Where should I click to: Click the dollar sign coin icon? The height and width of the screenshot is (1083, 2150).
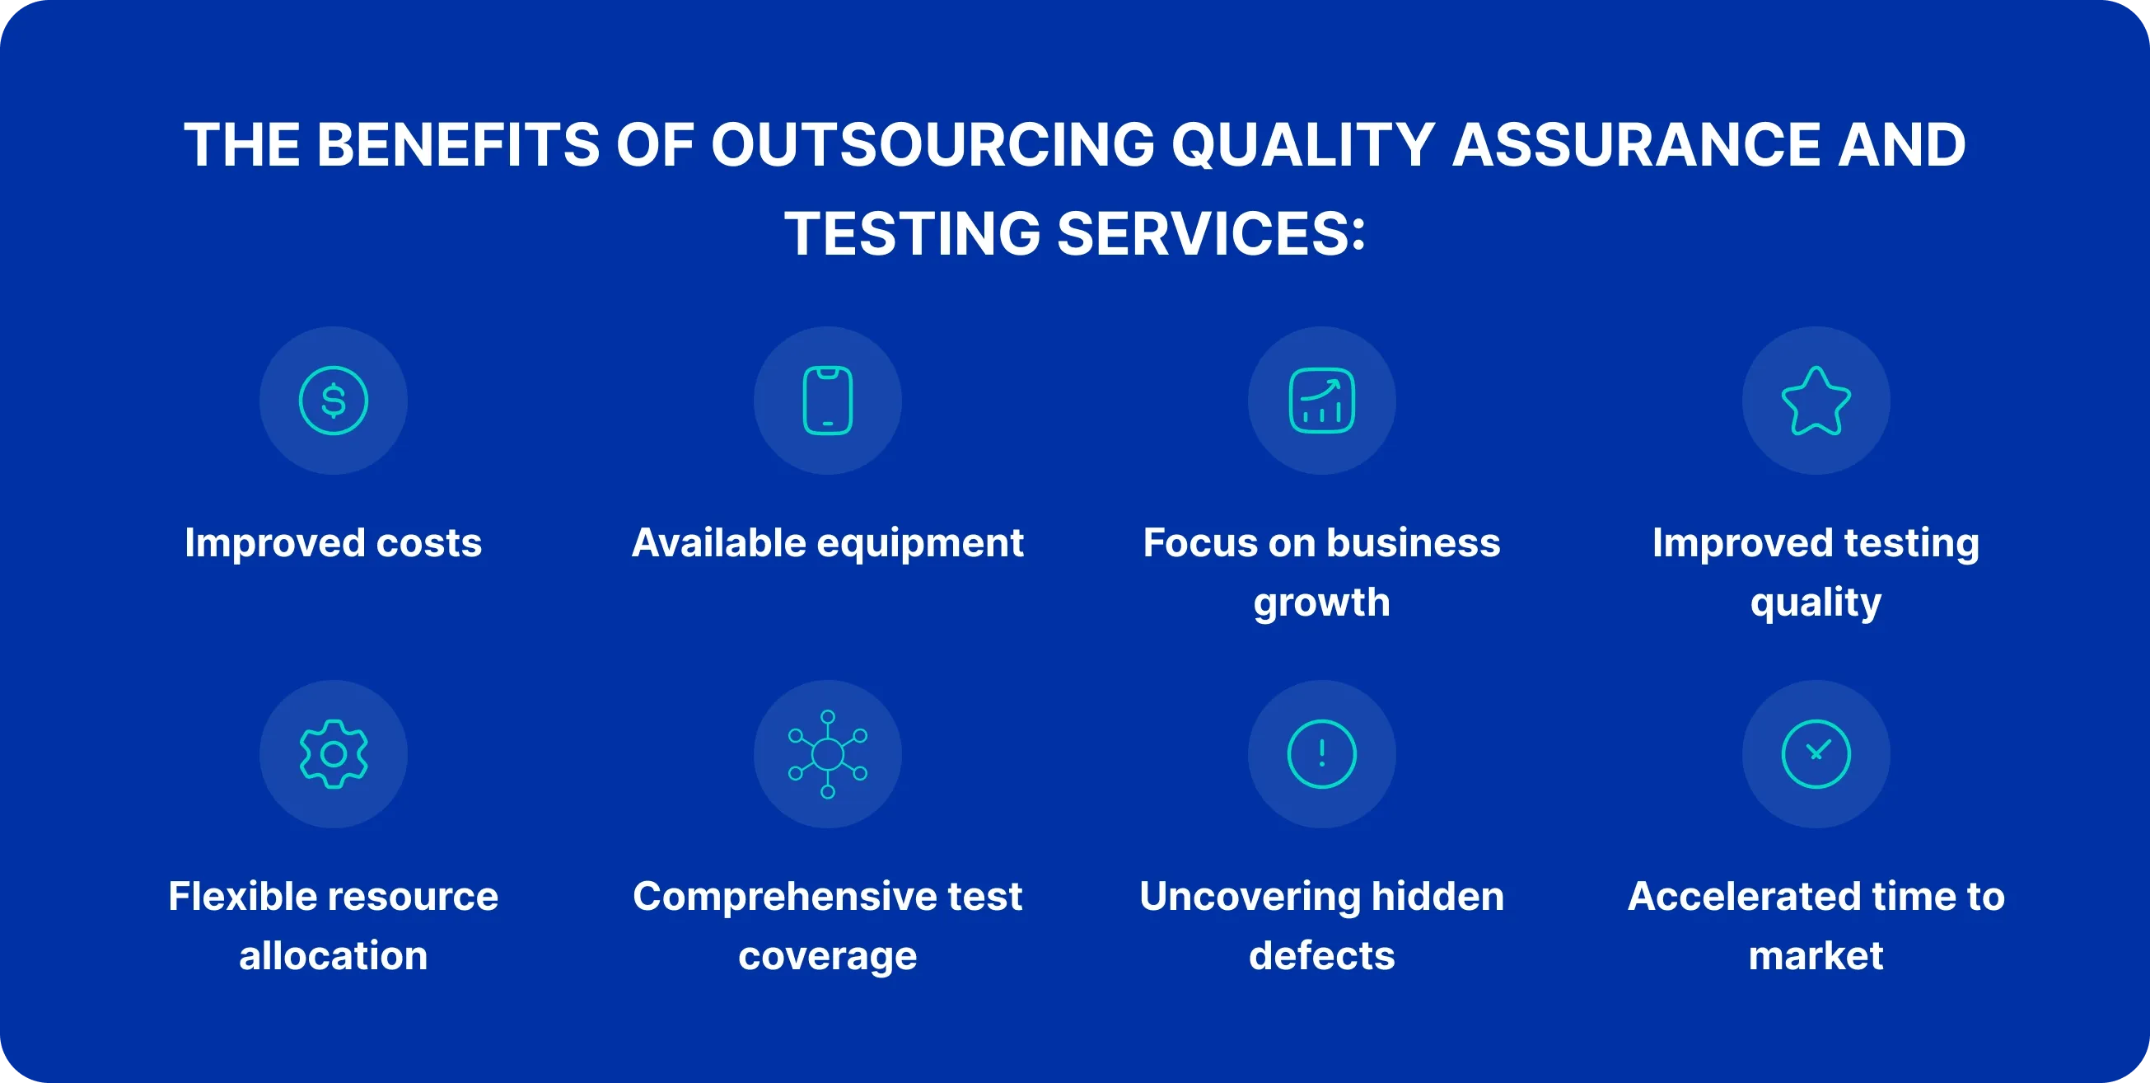(x=333, y=401)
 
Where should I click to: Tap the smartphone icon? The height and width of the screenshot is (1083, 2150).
(x=827, y=401)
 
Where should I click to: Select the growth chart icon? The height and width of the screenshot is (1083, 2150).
(x=1321, y=401)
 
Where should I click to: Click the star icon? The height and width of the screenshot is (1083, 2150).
(x=1816, y=401)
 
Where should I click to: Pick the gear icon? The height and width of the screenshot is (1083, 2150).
(x=333, y=754)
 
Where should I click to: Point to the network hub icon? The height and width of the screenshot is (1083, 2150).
(x=827, y=754)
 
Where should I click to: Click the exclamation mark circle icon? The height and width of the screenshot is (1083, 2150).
(x=1321, y=754)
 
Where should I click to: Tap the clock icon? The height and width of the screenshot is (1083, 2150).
(x=1816, y=754)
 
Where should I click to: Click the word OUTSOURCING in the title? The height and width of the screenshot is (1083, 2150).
(x=933, y=144)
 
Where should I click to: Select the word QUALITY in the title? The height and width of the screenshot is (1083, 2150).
(x=1304, y=144)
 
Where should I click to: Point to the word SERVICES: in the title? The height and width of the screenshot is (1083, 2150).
(x=1211, y=233)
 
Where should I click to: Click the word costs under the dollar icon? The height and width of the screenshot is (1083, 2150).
(x=429, y=544)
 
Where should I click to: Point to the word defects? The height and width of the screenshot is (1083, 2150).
(x=1321, y=955)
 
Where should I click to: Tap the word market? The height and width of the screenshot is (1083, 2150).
(x=1816, y=955)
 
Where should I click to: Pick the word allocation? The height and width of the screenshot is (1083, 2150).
(x=333, y=955)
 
